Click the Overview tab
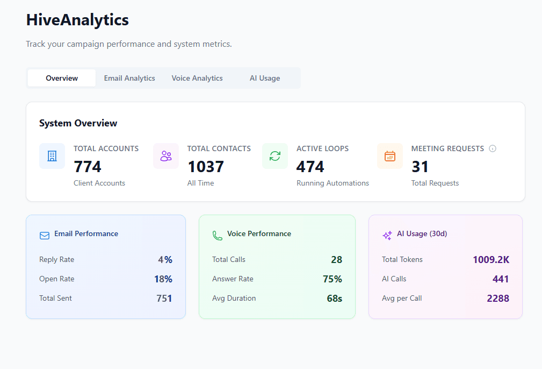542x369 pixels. (x=62, y=78)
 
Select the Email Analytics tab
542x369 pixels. (x=129, y=78)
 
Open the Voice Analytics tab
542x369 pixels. (x=197, y=78)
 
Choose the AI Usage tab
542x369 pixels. (x=265, y=78)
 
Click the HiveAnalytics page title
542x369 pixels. (x=77, y=20)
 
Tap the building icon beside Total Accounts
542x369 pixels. (x=52, y=156)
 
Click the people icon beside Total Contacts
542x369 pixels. (x=166, y=156)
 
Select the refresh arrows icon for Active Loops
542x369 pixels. (x=275, y=156)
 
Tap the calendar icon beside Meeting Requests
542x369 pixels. (x=390, y=156)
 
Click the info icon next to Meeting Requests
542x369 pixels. (x=493, y=148)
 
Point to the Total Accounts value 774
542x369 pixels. (x=88, y=167)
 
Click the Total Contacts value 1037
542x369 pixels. (x=206, y=167)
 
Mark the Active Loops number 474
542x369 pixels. (x=310, y=167)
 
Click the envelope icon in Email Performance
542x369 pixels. (x=45, y=236)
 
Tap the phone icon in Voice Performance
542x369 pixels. (x=218, y=236)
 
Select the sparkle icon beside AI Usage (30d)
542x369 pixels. (x=387, y=235)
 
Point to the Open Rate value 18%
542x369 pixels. (x=163, y=279)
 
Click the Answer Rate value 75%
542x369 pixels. (x=332, y=279)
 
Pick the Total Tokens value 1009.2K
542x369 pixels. (x=491, y=260)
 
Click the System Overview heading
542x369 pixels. (x=78, y=123)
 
